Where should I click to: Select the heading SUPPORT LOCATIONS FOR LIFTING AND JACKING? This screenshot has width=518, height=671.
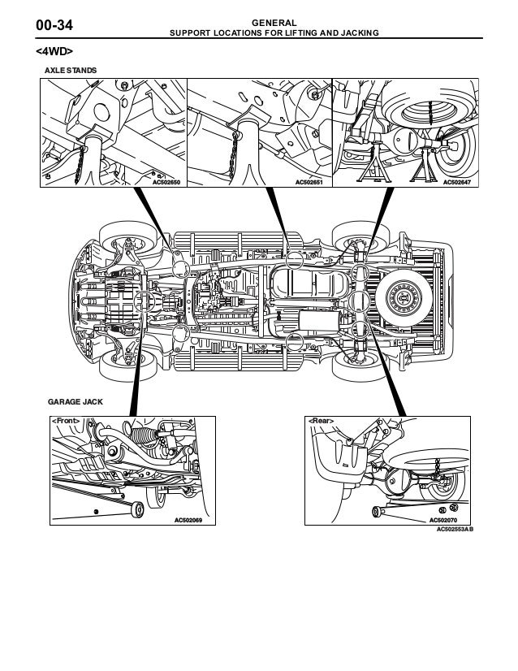pos(274,34)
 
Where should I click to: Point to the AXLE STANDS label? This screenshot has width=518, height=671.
pos(69,71)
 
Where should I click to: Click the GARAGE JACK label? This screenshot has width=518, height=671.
pos(75,402)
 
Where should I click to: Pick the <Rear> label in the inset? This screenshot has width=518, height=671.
pos(320,421)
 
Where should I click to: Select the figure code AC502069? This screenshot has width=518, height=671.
pos(188,519)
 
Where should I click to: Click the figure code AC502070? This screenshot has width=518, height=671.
pos(444,519)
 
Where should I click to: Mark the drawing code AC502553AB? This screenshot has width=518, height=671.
pos(455,528)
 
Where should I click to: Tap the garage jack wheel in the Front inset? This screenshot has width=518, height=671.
pos(136,510)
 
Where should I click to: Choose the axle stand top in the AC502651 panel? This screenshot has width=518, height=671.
pos(246,130)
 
